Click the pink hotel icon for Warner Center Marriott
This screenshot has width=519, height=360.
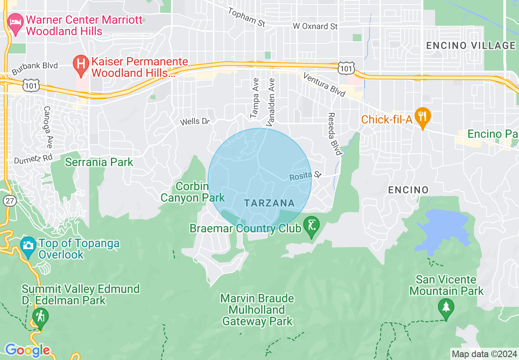coord(16,20)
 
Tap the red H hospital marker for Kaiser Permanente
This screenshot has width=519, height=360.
coord(81,63)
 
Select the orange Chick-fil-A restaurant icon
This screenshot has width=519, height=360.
coord(422,116)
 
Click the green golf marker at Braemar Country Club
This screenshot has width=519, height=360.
coord(311,225)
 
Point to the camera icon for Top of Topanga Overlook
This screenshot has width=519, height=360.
coord(28,245)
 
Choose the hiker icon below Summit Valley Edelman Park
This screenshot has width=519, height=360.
coord(40,316)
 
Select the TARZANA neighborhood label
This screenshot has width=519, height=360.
coord(269,203)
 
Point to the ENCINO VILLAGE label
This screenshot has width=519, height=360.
coord(471,45)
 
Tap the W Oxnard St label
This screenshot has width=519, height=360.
coord(315,26)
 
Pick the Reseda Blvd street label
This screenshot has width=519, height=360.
coord(334,134)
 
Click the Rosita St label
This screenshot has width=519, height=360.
coord(305,176)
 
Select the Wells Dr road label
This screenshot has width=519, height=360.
coord(195,121)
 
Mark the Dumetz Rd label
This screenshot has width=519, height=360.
coord(33,158)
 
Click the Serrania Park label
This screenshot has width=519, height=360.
coord(99,162)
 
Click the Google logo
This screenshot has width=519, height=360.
coord(27,350)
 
